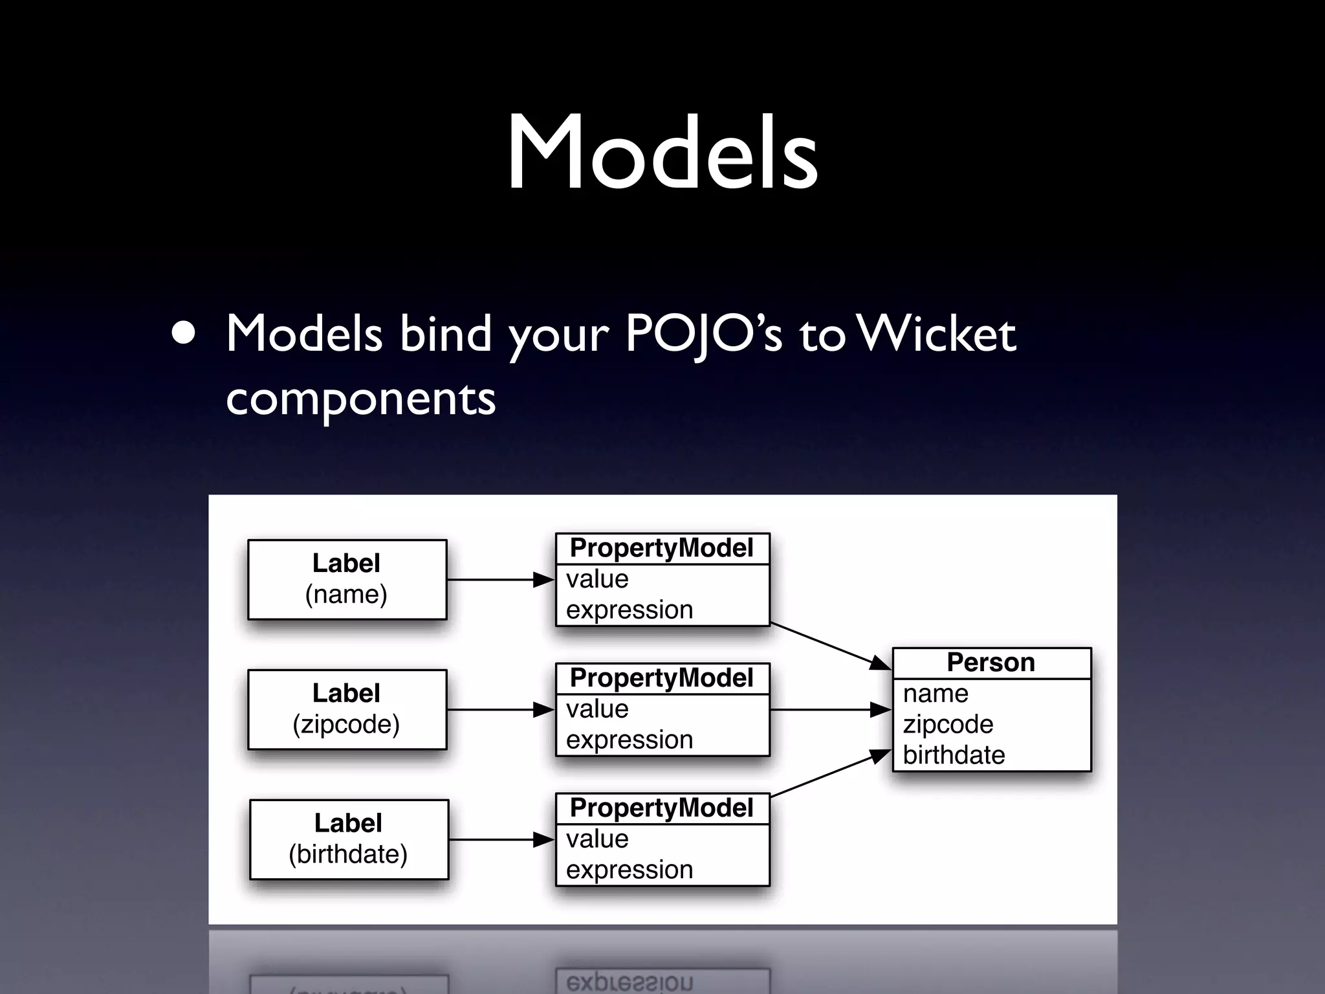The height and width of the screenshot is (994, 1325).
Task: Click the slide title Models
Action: [662, 153]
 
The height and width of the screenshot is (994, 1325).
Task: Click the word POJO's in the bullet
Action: [703, 335]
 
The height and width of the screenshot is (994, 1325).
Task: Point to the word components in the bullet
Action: [360, 398]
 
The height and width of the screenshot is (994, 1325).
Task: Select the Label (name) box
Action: [347, 579]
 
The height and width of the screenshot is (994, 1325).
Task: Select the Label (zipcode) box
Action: [347, 709]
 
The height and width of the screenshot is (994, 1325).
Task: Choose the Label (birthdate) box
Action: [349, 839]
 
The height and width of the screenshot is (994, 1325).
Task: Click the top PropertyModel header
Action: [662, 548]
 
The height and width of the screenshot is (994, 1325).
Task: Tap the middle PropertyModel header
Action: [662, 678]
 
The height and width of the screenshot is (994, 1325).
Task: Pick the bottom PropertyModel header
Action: [662, 808]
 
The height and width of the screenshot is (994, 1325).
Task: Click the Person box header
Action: [991, 663]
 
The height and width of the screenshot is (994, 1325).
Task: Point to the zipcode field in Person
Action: [948, 724]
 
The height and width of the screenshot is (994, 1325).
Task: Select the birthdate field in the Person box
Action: [954, 755]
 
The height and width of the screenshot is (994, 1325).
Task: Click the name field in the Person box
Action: [936, 694]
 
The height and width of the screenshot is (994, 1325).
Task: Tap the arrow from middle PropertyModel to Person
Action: [831, 710]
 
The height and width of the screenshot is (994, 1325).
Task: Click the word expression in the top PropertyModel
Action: [629, 610]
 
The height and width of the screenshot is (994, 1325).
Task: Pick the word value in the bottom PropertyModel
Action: [597, 839]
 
